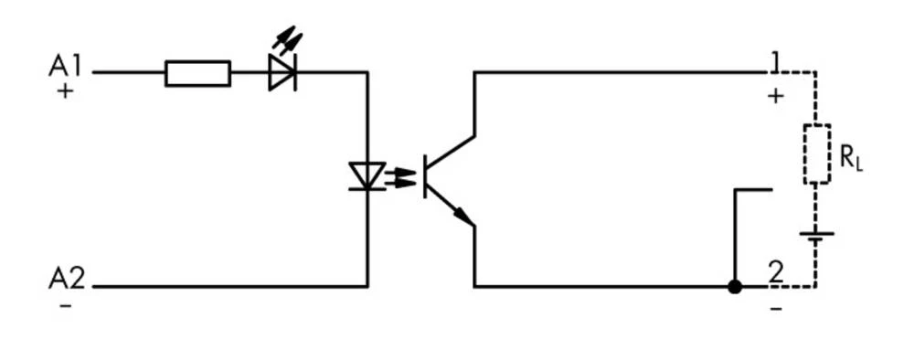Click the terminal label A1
(65, 66)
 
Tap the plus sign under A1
(64, 92)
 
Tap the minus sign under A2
(65, 305)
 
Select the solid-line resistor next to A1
(197, 73)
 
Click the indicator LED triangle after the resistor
(282, 73)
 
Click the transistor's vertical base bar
(426, 176)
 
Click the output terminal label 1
(775, 62)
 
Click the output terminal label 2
(775, 271)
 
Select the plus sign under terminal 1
(775, 95)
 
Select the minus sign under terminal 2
(775, 308)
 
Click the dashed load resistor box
(816, 154)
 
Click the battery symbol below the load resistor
(816, 236)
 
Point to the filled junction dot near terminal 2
(734, 287)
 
